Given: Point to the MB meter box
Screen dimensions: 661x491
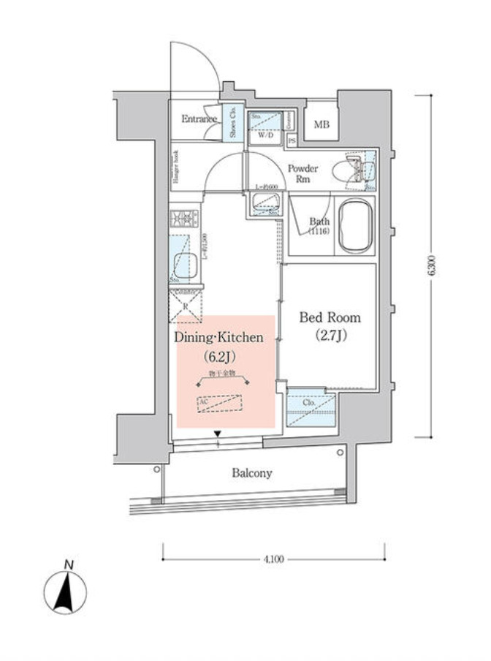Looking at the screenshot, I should click(321, 124).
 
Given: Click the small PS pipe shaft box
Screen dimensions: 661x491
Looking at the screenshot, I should click(292, 140).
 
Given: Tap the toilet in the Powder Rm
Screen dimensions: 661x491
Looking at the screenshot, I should click(343, 171).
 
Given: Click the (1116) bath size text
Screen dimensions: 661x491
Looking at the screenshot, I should click(319, 231).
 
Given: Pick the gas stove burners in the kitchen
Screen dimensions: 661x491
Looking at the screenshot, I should click(185, 218).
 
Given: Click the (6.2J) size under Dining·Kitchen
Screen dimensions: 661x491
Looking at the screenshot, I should click(217, 357).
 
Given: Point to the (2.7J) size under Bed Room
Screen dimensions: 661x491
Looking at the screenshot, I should click(330, 336).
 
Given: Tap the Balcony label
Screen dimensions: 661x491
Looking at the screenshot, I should click(252, 473).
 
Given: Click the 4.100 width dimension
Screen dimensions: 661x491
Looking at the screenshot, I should click(273, 559).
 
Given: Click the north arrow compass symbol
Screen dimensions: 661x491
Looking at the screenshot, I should click(66, 589).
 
